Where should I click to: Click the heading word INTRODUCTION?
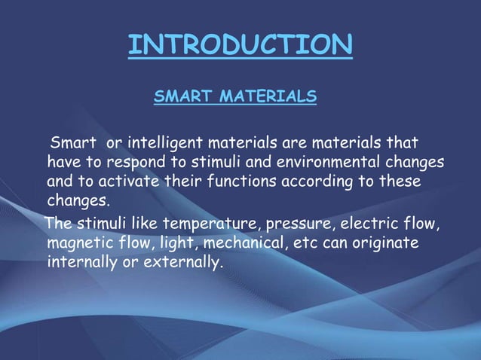[x=240, y=45]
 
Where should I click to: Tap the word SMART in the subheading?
[x=182, y=96]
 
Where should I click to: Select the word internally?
[x=81, y=264]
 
